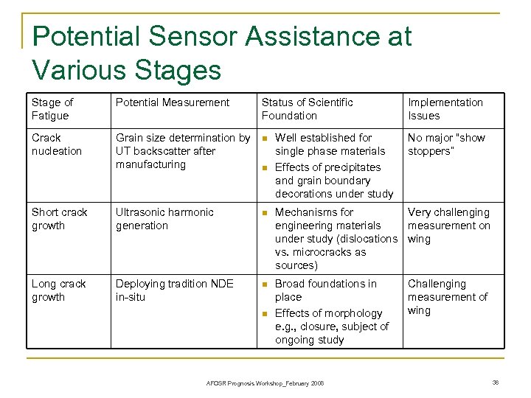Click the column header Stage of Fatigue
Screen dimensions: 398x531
tap(52, 109)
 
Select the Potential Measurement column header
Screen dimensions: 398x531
tap(173, 102)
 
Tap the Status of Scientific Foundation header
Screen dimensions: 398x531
tap(307, 109)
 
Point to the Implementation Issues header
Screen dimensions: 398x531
tap(445, 109)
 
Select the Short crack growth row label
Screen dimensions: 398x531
tap(60, 219)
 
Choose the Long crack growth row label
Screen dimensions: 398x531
tap(59, 290)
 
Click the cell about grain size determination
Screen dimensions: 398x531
tap(183, 151)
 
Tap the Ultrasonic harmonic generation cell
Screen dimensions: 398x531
tap(164, 219)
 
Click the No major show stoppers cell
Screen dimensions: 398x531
tap(447, 144)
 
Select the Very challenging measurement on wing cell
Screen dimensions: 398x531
tap(448, 226)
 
